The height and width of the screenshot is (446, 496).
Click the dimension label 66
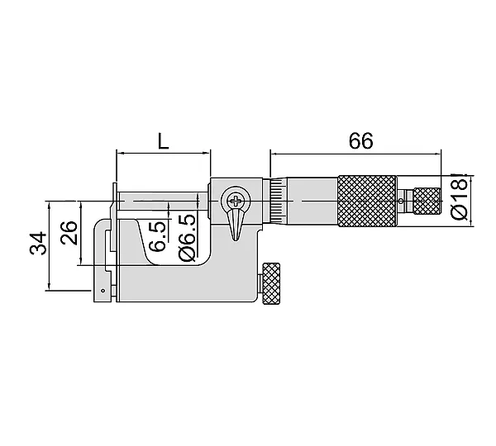[360, 141]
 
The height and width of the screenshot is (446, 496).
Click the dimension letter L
[163, 141]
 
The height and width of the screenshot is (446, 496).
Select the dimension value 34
[38, 243]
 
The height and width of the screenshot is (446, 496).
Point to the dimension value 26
[69, 233]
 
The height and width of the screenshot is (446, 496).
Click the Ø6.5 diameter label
[187, 238]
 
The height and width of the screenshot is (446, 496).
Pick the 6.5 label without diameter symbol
[157, 237]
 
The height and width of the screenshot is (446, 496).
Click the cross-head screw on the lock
[236, 201]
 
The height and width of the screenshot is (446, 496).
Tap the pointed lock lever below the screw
[236, 225]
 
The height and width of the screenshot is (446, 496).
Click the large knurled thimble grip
[367, 201]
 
